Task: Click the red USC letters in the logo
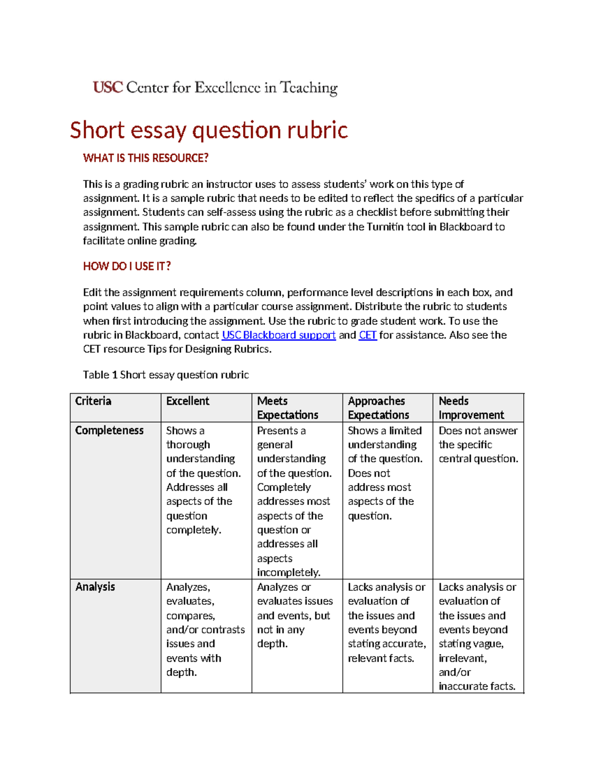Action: point(107,88)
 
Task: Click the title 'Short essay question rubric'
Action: point(208,130)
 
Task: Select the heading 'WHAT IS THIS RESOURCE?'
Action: point(146,158)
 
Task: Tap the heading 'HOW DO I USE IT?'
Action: point(127,267)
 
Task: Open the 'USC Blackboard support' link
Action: point(279,335)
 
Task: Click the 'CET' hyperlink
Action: point(368,335)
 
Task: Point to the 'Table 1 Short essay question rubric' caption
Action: point(166,375)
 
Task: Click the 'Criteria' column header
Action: point(93,401)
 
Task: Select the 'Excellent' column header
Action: point(188,401)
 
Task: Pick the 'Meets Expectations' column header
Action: point(288,408)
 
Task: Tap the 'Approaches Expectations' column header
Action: point(378,408)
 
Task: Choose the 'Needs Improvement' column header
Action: point(471,408)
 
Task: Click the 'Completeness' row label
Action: point(109,431)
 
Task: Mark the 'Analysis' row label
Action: point(95,587)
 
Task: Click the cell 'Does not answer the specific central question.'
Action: point(478,445)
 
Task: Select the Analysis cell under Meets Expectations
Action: point(295,615)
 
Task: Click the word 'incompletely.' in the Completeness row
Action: point(289,573)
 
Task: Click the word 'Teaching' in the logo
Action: point(309,88)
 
